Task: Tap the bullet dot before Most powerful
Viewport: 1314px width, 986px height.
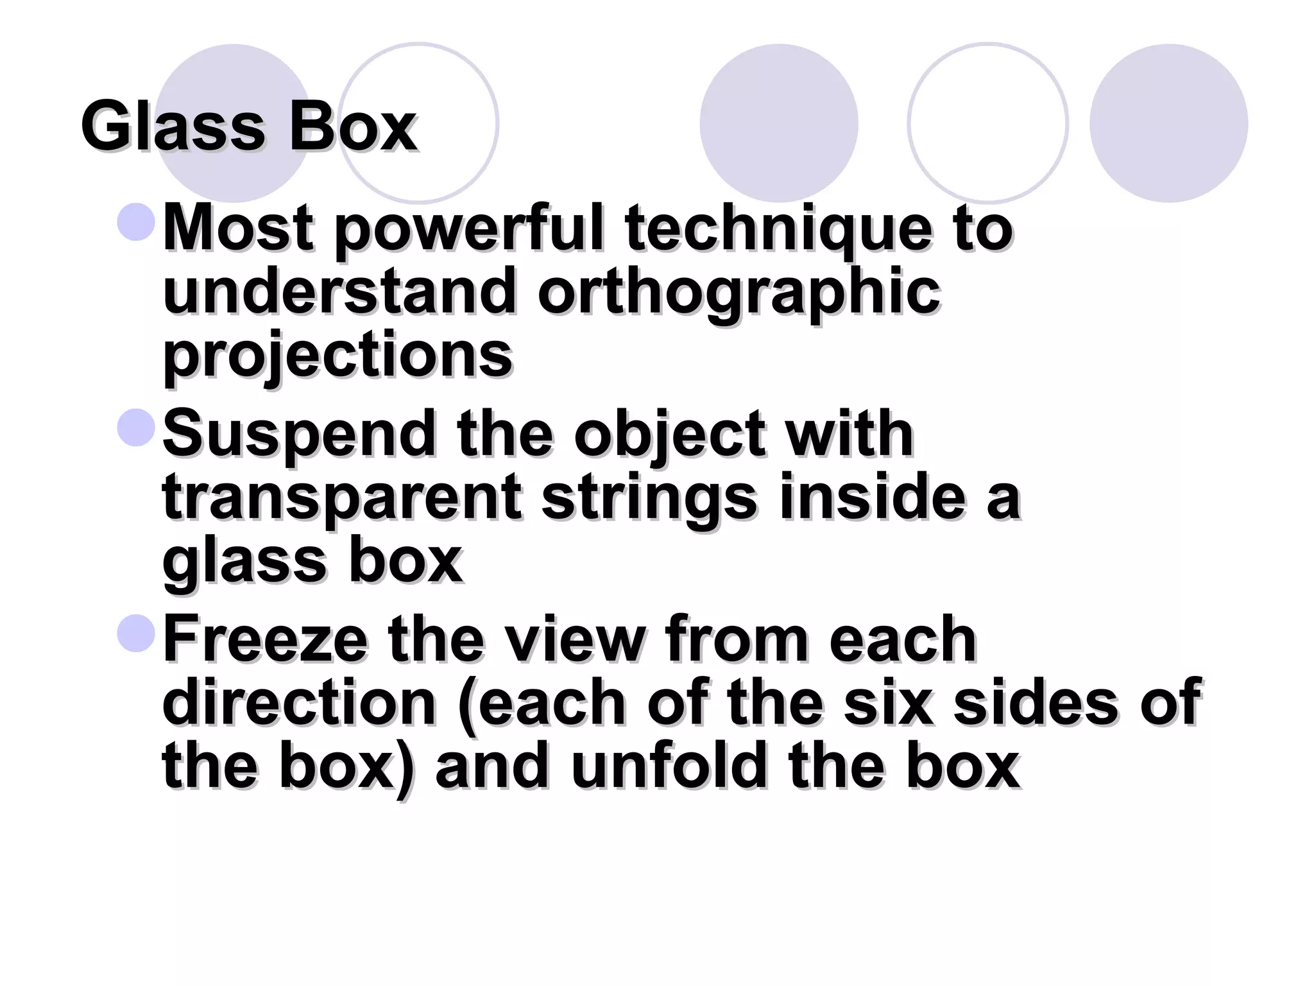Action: [x=137, y=222]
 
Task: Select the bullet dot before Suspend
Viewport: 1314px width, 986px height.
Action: [x=137, y=428]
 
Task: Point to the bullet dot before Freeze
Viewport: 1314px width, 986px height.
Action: [x=137, y=633]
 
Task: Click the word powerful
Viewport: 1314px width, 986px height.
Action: [x=469, y=229]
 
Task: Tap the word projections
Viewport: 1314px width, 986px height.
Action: [x=337, y=356]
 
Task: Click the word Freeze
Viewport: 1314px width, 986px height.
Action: [x=265, y=639]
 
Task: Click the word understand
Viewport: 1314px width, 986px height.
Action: [x=340, y=292]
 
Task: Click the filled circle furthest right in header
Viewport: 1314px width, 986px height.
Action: [x=1168, y=123]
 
